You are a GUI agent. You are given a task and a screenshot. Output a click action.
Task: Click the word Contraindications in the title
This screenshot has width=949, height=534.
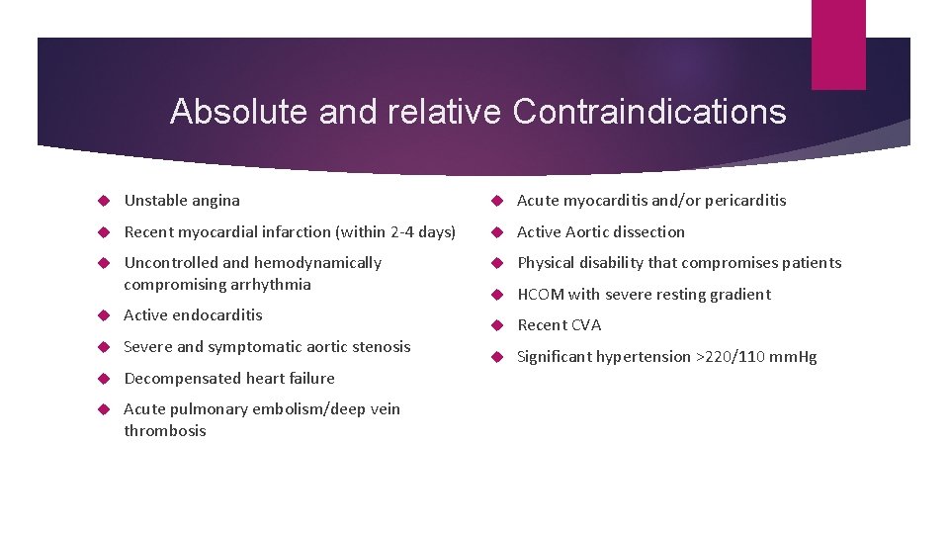pyautogui.click(x=648, y=112)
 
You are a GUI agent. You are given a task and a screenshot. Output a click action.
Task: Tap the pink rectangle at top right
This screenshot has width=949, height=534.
pyautogui.click(x=837, y=44)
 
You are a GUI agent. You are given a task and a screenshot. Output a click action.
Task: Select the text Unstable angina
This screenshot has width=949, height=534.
pyautogui.click(x=182, y=201)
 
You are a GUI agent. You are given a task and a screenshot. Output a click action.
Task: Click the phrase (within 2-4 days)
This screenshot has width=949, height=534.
pyautogui.click(x=396, y=232)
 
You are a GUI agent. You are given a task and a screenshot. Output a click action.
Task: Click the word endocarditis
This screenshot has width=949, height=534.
pyautogui.click(x=217, y=315)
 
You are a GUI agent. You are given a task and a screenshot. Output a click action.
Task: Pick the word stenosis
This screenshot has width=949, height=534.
pyautogui.click(x=381, y=347)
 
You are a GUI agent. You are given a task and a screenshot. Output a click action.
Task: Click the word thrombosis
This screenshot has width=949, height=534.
pyautogui.click(x=165, y=431)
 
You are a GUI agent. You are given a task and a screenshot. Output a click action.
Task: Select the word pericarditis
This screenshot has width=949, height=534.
pyautogui.click(x=743, y=201)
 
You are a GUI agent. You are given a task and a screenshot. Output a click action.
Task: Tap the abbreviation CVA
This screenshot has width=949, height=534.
pyautogui.click(x=584, y=325)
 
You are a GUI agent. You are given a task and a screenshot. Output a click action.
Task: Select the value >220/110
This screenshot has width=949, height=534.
pyautogui.click(x=734, y=357)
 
